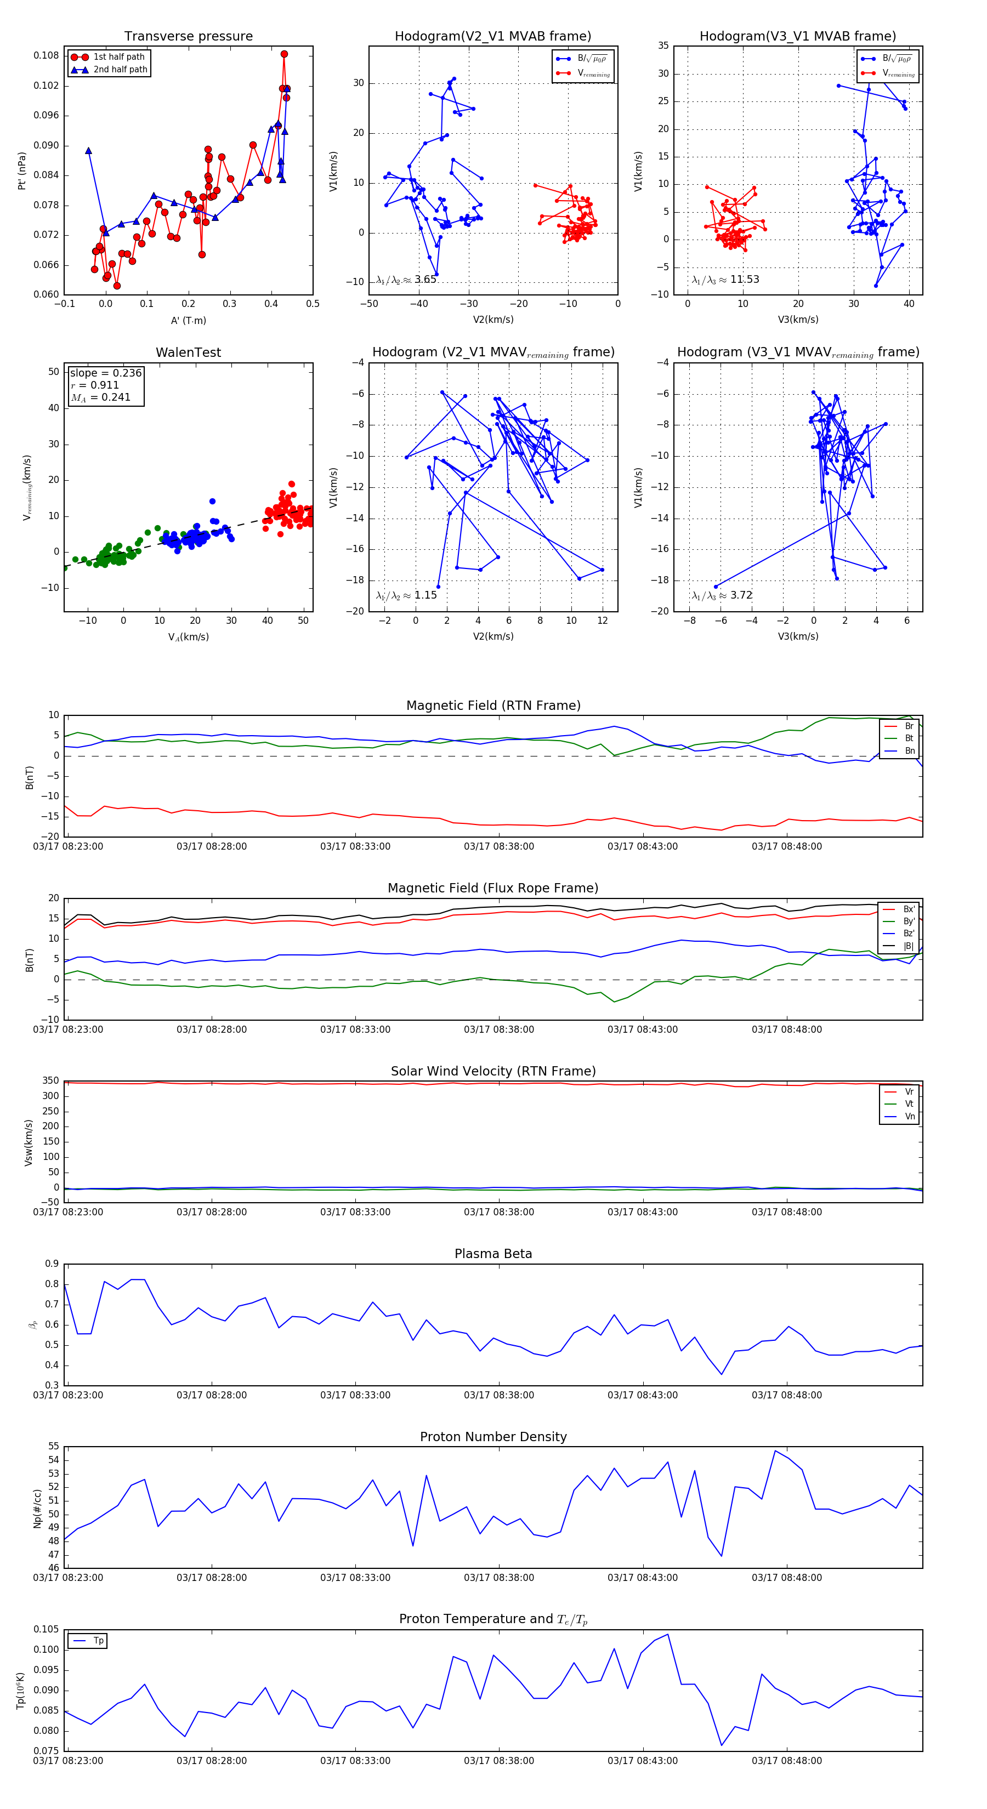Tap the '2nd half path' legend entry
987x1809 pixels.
tap(120, 70)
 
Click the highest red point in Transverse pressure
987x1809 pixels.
tap(284, 54)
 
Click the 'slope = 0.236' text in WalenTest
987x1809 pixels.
tap(105, 373)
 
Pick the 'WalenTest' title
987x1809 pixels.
tap(188, 352)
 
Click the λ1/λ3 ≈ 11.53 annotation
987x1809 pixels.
tap(725, 280)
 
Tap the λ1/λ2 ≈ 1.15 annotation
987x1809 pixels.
tap(406, 595)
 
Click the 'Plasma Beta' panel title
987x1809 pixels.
tap(493, 1254)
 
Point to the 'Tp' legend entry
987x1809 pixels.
tap(98, 1641)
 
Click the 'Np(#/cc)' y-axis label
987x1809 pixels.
tap(37, 1509)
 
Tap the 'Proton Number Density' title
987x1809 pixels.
tap(493, 1437)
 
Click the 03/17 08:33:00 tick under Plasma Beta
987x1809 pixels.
tap(355, 1395)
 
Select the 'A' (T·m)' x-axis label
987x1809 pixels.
tap(188, 320)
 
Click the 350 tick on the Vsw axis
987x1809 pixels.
tap(50, 1081)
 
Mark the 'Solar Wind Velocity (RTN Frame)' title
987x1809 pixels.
tap(493, 1071)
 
